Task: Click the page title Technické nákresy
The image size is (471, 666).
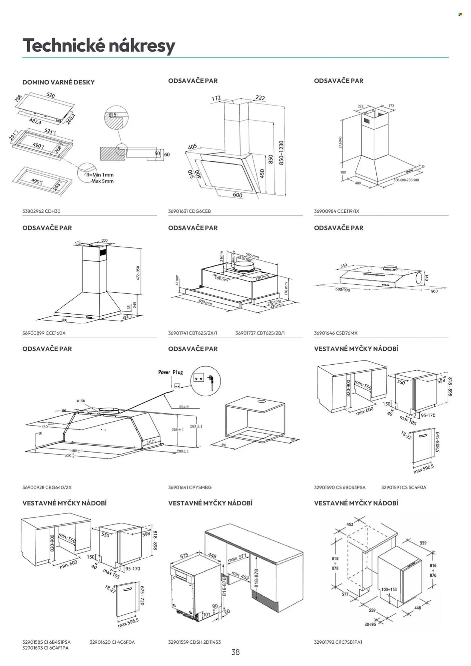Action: (x=99, y=46)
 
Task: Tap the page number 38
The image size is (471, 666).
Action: (x=235, y=652)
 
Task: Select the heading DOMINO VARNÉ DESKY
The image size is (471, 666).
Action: (x=58, y=82)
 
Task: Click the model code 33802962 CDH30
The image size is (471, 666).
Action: (x=41, y=211)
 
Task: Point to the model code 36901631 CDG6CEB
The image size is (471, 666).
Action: (x=190, y=211)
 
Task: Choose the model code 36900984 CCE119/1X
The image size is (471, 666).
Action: (x=336, y=211)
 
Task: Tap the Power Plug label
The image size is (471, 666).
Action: (x=171, y=372)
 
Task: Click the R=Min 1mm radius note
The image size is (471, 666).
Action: (x=100, y=175)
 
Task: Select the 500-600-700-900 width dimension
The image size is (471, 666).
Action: (x=406, y=180)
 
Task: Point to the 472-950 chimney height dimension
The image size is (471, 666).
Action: (x=138, y=273)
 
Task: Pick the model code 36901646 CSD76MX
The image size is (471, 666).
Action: (x=336, y=333)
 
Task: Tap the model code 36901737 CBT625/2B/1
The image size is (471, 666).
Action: (x=260, y=333)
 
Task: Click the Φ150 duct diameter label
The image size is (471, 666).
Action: (x=81, y=401)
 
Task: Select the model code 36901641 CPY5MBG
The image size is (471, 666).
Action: (x=190, y=487)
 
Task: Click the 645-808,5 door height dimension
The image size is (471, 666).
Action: (x=437, y=442)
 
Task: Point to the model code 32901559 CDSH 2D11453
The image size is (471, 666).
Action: (x=195, y=642)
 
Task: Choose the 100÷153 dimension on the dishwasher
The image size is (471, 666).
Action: (x=389, y=589)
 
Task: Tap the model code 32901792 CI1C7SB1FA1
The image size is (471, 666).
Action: (x=338, y=642)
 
